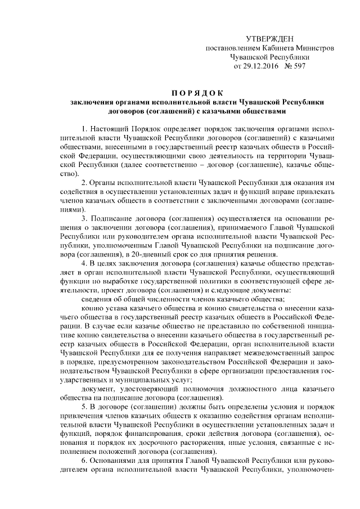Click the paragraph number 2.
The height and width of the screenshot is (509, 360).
(84, 183)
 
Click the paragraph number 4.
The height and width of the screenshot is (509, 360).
(84, 263)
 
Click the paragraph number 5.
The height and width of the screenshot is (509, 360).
(84, 407)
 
